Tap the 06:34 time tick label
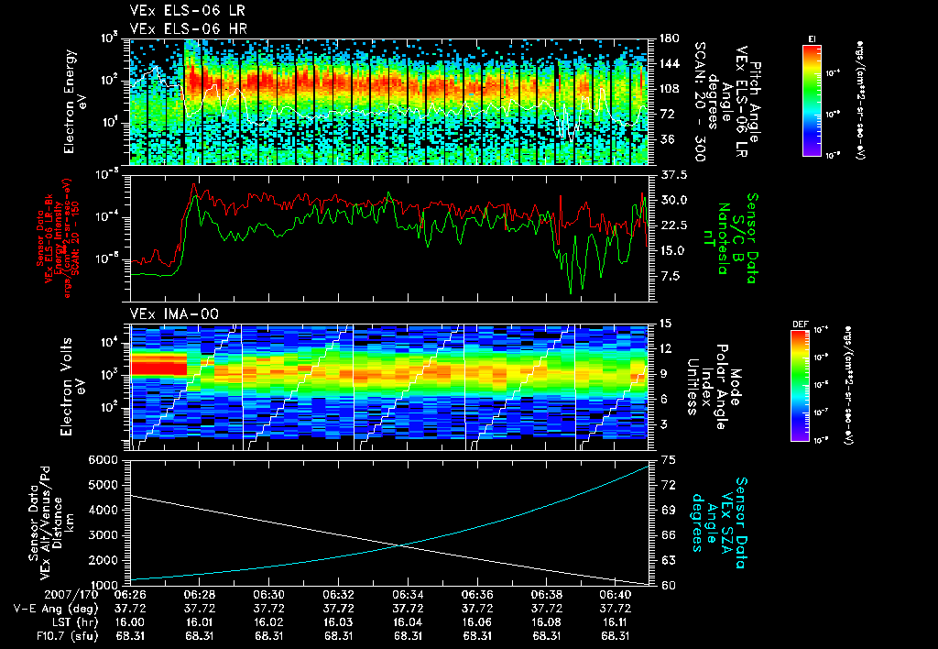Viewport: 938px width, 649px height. tap(408, 594)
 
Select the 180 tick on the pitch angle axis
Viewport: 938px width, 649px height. tap(669, 38)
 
